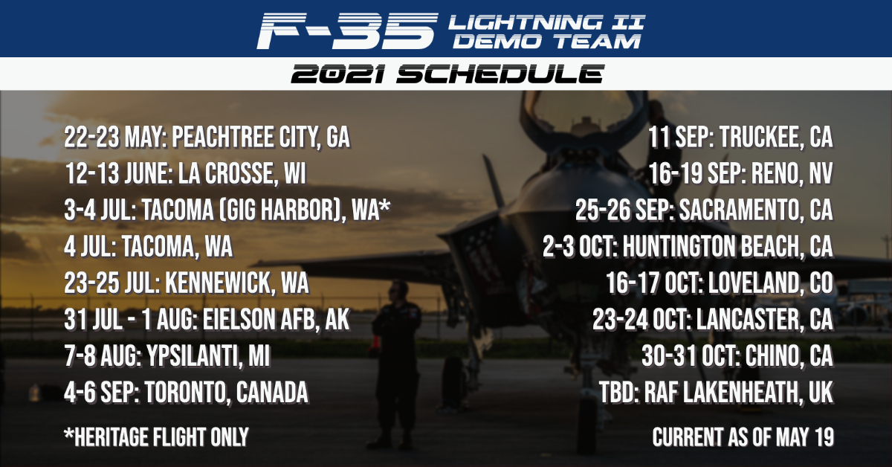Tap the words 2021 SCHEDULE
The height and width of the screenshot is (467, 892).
(x=447, y=74)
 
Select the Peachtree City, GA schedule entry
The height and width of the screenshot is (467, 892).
(x=207, y=138)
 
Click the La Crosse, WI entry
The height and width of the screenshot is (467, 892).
(x=185, y=174)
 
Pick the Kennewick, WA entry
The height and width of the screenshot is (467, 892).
(x=187, y=283)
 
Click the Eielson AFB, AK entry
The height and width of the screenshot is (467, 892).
(x=207, y=320)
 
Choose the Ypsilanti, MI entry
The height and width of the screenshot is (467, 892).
(x=167, y=356)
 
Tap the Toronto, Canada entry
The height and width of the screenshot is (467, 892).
(x=187, y=392)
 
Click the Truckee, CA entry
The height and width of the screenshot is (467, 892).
(x=740, y=138)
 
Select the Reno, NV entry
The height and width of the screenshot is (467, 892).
(x=740, y=174)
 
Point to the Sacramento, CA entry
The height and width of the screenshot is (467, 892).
(x=704, y=210)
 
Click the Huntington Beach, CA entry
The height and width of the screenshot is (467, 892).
(x=688, y=247)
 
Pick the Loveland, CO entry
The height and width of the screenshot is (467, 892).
(x=720, y=283)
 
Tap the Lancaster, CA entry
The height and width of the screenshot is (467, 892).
(x=713, y=320)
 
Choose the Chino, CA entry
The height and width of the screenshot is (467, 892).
(x=737, y=356)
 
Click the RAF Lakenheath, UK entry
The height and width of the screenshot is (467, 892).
(x=717, y=392)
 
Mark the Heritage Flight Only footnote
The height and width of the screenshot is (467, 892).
(x=157, y=437)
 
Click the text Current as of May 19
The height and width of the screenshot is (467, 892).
(x=743, y=437)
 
